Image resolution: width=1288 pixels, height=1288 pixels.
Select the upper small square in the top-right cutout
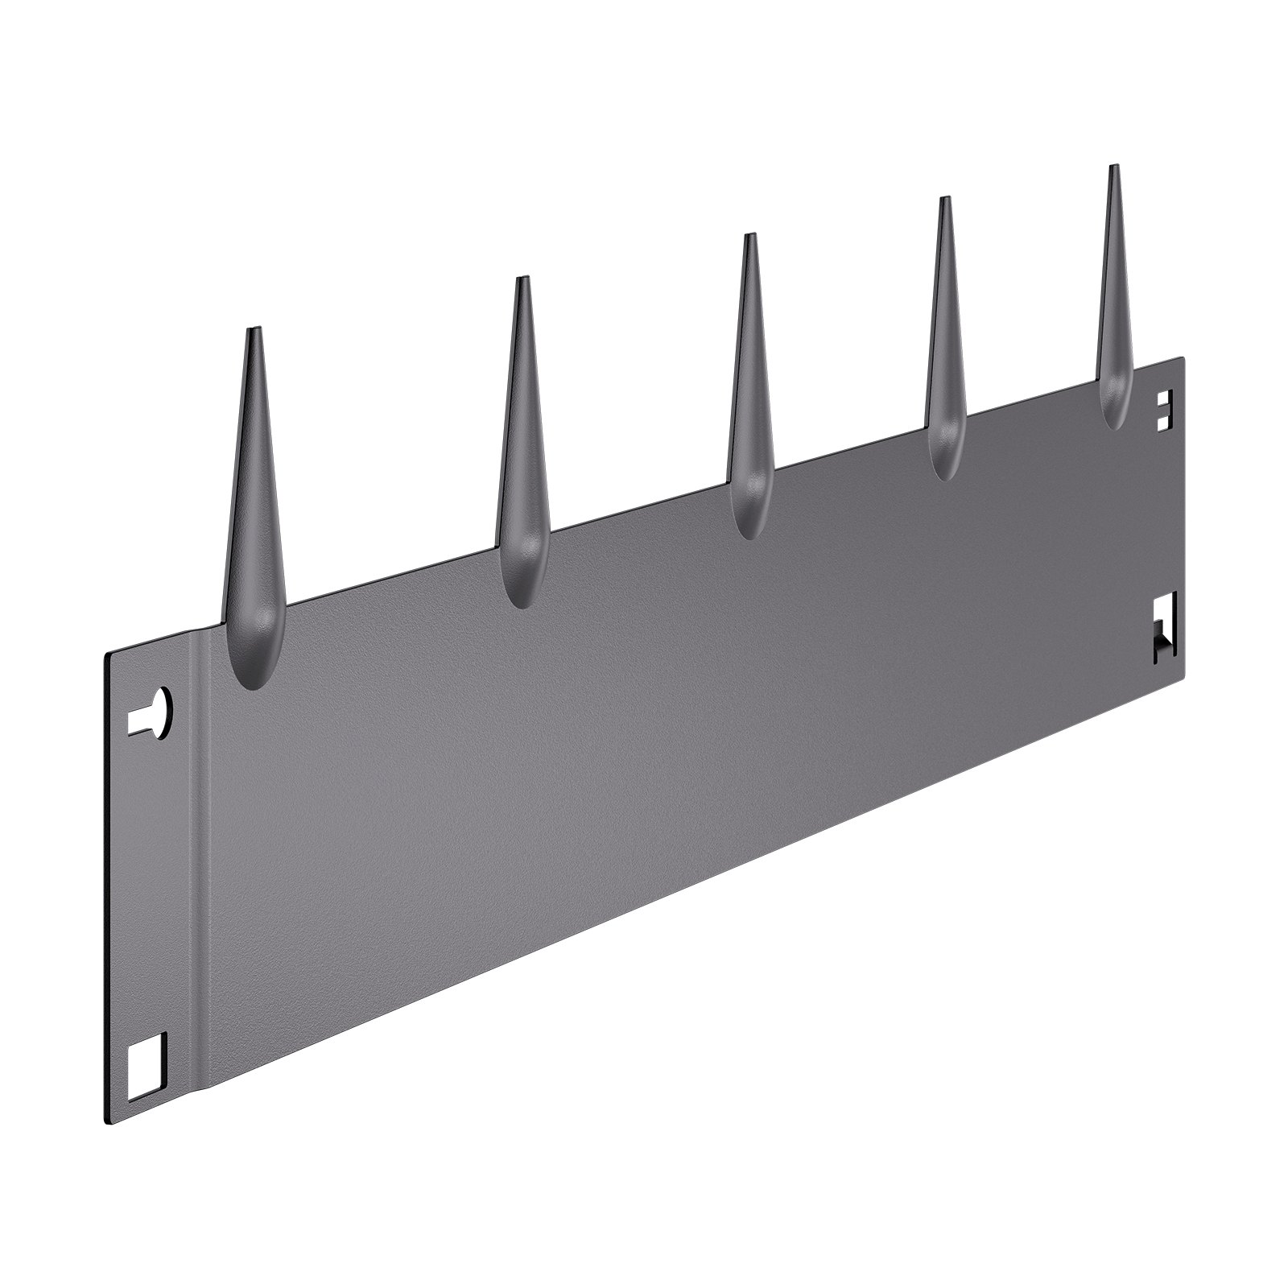point(1163,400)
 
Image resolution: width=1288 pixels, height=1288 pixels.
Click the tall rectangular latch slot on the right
point(1165,628)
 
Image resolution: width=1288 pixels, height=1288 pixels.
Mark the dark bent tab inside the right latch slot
point(1162,645)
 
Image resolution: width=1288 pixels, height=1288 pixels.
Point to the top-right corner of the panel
point(1183,357)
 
